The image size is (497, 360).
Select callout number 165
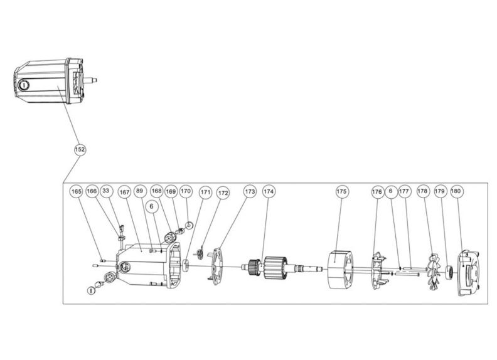click(77, 191)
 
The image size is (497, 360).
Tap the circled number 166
click(92, 191)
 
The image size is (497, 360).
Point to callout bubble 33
click(106, 191)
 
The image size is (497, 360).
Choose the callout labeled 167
click(124, 191)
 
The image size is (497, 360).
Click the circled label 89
click(139, 191)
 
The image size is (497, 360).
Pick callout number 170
click(185, 191)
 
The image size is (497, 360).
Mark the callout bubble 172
click(223, 193)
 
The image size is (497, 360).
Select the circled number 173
click(250, 191)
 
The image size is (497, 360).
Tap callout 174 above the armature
click(269, 191)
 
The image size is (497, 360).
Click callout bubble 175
click(341, 191)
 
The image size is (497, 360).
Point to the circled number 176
click(377, 191)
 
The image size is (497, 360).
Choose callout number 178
click(423, 191)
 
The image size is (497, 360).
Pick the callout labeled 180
click(456, 191)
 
